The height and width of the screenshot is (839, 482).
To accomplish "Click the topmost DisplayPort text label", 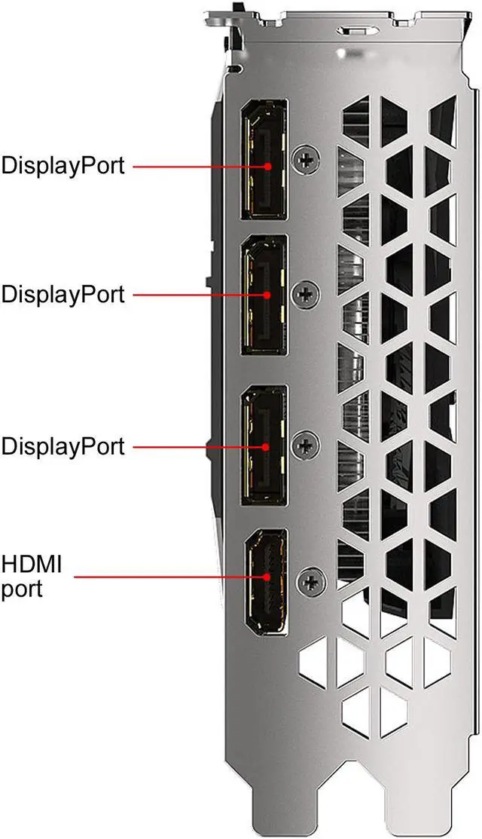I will pos(63,165).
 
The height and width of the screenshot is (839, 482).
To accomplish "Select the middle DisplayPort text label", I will pos(63,294).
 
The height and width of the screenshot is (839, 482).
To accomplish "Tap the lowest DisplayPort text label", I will pos(63,446).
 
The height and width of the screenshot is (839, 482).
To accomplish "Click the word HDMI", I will pos(32,563).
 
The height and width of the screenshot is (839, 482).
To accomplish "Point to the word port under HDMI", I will pos(22,587).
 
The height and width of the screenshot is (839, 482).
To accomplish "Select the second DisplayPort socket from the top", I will pos(264,294).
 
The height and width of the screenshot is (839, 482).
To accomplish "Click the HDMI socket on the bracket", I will pos(264,580).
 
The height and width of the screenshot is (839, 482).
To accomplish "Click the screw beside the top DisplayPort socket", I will pos(307,159).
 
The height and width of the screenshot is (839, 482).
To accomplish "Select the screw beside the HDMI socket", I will pos(309,581).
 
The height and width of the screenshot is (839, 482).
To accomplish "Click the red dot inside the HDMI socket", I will pos(267,577).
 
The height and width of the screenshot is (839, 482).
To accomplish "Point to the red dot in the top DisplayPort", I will pos(267,165).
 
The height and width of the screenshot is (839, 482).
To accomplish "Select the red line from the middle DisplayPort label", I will pos(200,294).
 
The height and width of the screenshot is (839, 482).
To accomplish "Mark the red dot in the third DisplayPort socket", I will pos(267,446).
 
